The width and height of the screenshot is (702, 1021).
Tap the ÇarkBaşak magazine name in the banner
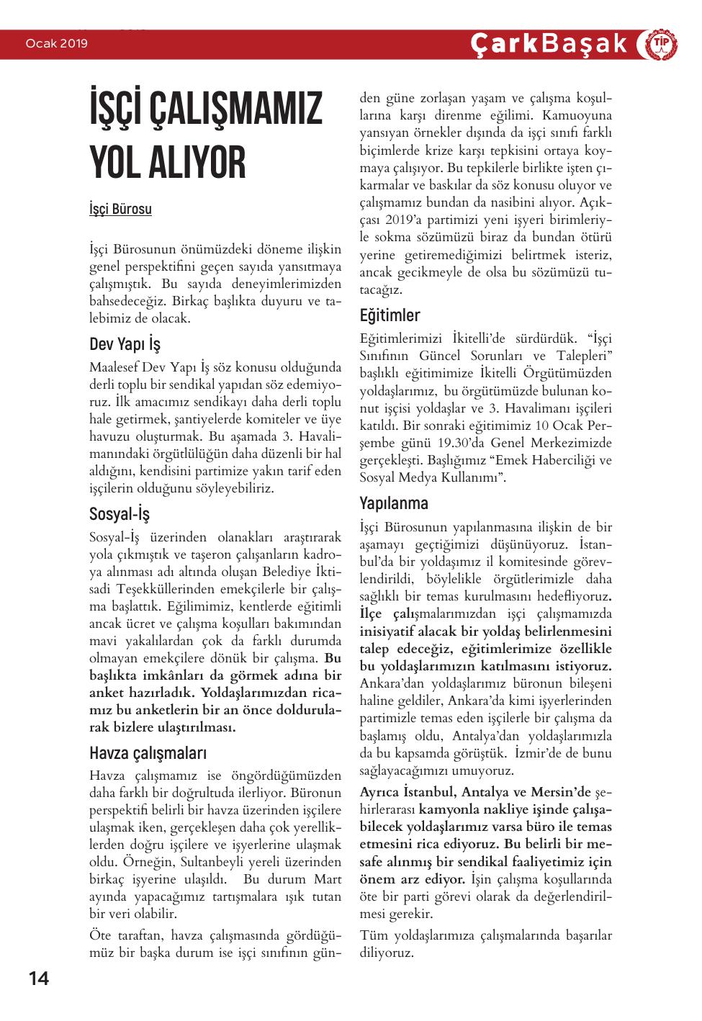(549, 44)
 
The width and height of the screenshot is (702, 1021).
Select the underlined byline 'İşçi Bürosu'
(120, 210)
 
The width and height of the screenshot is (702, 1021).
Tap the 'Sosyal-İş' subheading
(120, 514)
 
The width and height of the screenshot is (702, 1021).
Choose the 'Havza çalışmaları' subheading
(148, 753)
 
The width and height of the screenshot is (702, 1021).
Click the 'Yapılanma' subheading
(394, 503)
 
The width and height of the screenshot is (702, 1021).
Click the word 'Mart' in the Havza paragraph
(328, 879)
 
